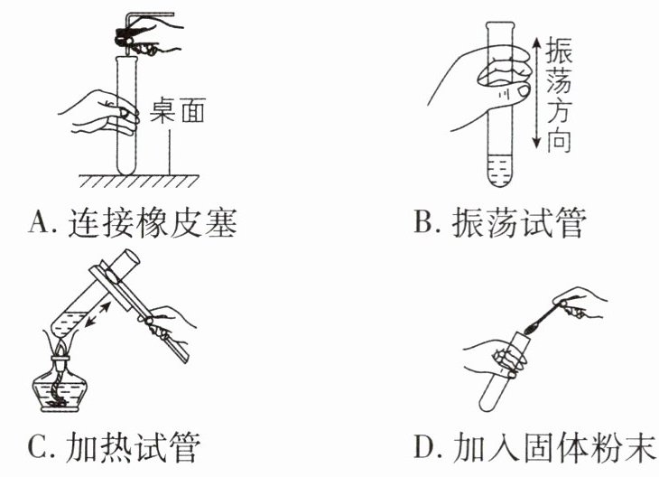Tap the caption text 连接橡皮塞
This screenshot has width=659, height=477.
click(153, 223)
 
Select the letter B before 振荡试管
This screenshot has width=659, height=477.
click(424, 222)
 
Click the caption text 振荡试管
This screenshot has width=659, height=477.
click(518, 222)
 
